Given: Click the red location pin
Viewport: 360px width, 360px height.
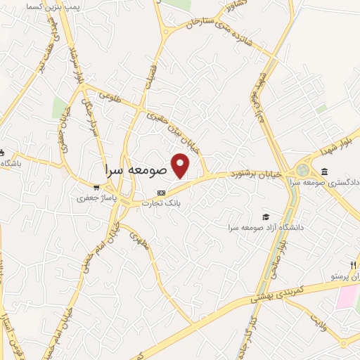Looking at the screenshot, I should [x=181, y=166].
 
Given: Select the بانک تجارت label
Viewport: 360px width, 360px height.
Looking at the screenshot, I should [x=162, y=203].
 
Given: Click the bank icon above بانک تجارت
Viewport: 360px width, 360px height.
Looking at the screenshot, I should [x=162, y=193].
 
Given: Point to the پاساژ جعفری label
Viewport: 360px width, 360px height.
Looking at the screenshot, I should [x=96, y=198].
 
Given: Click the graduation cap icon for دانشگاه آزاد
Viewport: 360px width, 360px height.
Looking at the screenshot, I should [x=265, y=217].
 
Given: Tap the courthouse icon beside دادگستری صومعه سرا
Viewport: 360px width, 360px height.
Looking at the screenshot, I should [x=324, y=172].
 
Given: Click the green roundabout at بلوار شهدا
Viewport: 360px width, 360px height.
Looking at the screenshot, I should [x=303, y=171].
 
